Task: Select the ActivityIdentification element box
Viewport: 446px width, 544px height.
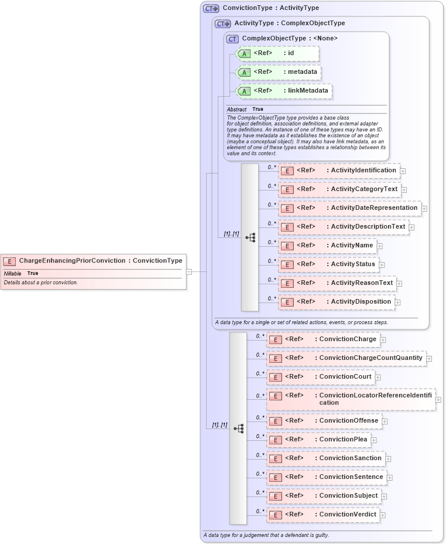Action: (339, 171)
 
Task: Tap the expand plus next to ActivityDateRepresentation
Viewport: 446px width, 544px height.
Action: (424, 208)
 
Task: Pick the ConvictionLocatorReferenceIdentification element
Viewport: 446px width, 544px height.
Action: (351, 399)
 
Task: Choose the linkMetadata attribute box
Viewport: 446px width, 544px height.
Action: (284, 91)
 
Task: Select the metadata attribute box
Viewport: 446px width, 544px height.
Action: (279, 72)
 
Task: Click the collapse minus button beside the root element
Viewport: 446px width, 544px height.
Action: (189, 271)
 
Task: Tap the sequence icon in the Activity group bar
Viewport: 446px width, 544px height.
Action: (250, 237)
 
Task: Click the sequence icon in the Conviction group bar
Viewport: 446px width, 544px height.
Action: (238, 429)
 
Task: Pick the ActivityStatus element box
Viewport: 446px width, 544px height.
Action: (328, 264)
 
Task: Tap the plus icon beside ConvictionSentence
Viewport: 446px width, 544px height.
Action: (390, 478)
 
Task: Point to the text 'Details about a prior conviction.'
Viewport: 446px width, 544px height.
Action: (41, 283)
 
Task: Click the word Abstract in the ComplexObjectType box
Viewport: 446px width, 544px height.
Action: (236, 110)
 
